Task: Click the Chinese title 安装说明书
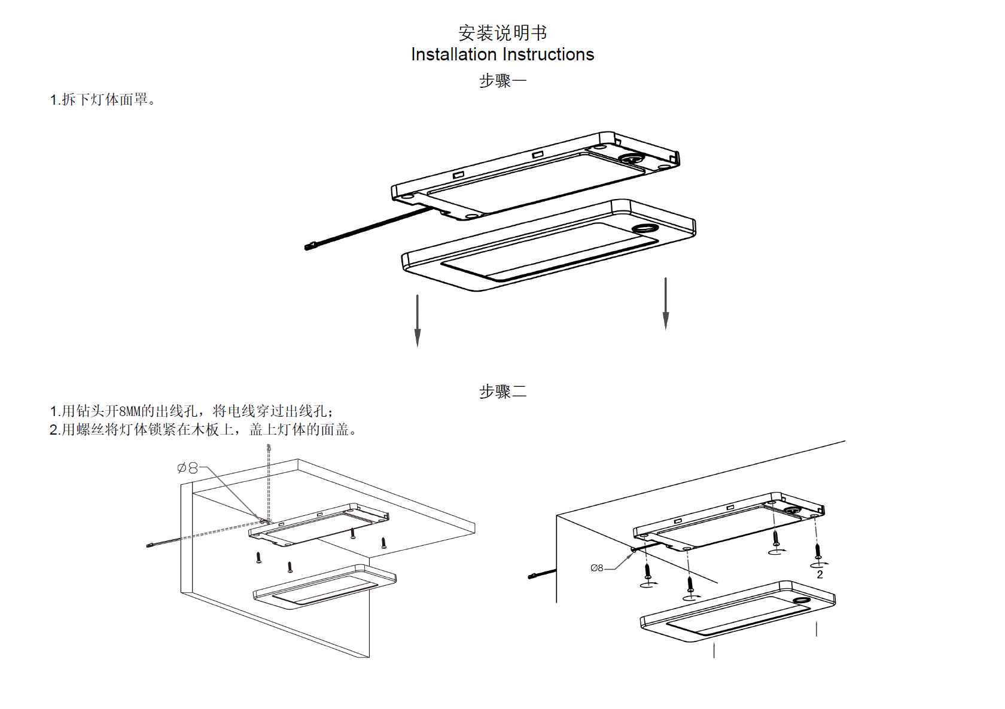[x=502, y=32]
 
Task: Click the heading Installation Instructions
[x=502, y=54]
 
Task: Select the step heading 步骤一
[x=502, y=81]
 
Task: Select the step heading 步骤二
[x=502, y=392]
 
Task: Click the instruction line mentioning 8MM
[x=191, y=411]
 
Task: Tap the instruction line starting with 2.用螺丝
[x=203, y=430]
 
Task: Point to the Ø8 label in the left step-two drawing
[x=188, y=468]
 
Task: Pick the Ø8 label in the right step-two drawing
[x=597, y=568]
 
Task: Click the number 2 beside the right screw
[x=820, y=574]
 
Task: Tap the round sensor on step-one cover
[x=644, y=228]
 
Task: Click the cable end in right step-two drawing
[x=532, y=576]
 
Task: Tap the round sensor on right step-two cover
[x=801, y=600]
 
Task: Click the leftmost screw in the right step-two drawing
[x=647, y=570]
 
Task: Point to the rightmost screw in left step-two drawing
[x=383, y=543]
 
